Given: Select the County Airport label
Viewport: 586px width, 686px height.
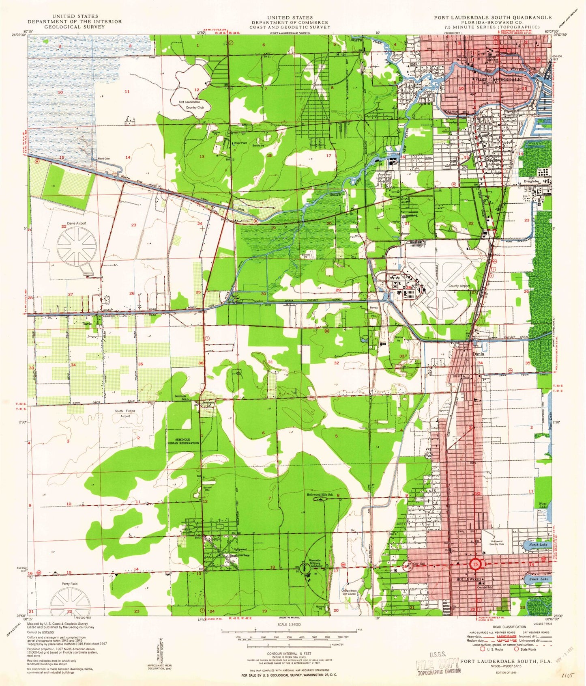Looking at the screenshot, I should tap(459, 286).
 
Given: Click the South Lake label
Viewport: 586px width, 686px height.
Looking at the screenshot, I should tap(539, 579).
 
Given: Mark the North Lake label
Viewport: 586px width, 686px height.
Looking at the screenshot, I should tap(538, 544).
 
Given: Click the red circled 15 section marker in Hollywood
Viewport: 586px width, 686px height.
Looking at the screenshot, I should tap(475, 564).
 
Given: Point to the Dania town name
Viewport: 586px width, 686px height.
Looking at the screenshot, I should tap(479, 354).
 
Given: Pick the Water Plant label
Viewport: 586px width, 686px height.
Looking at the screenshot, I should tap(240, 143).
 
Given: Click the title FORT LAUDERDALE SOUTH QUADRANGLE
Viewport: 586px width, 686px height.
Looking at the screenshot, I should tap(492, 17).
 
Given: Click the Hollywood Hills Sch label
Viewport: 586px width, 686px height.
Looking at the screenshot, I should tap(320, 494).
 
